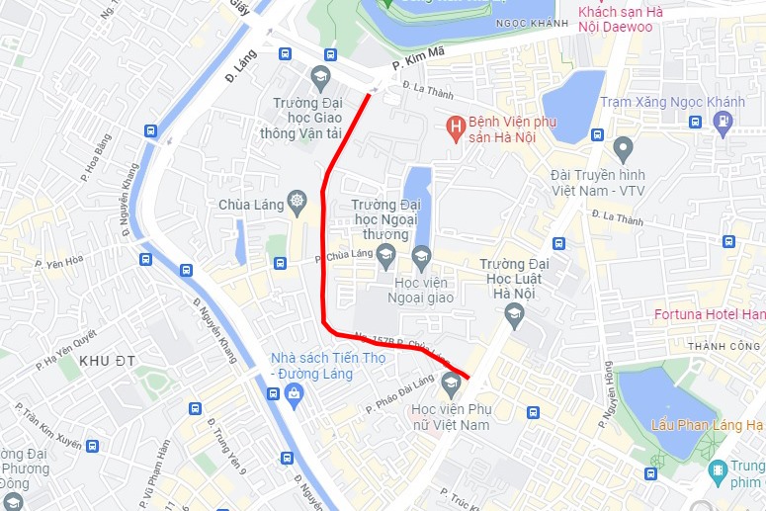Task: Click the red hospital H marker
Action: click(x=455, y=126)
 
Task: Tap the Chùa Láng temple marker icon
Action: click(x=296, y=205)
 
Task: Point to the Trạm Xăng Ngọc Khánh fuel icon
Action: click(x=723, y=122)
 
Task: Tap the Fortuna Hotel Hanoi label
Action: click(x=710, y=314)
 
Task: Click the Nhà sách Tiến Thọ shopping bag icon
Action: click(x=294, y=394)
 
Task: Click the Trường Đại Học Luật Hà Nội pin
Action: click(x=513, y=315)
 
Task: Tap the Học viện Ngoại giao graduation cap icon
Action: click(x=422, y=260)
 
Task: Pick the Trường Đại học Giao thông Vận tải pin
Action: click(x=319, y=77)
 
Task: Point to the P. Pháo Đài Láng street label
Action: click(x=401, y=393)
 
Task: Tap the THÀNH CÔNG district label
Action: click(x=723, y=346)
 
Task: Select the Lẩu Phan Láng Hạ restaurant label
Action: click(x=706, y=425)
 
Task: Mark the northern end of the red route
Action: click(x=371, y=94)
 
